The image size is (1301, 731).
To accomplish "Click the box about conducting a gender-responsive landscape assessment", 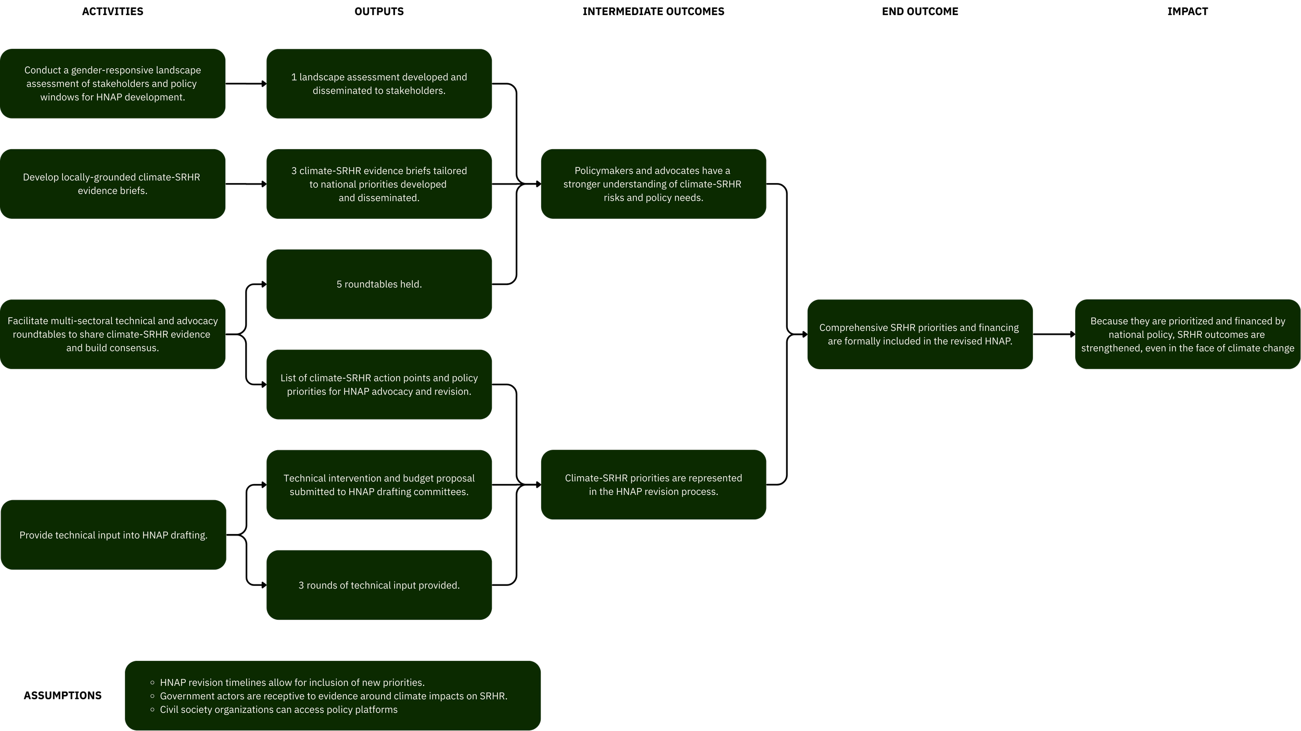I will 112,84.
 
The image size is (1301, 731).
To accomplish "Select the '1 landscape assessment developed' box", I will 379,84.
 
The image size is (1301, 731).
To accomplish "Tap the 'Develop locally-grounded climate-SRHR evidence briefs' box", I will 112,184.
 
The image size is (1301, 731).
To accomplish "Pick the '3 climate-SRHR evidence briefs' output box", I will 379,184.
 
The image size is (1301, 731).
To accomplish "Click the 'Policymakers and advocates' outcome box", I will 653,184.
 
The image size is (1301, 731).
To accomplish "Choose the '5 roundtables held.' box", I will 379,284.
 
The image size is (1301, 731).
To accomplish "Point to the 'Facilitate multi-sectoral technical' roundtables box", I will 112,334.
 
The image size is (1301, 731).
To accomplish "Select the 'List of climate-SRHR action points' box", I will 379,385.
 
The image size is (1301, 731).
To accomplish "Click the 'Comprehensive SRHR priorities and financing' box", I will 920,334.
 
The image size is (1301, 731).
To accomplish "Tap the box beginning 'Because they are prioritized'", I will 1188,334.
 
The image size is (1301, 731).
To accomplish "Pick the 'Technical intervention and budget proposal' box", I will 379,485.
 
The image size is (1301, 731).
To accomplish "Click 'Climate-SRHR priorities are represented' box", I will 653,485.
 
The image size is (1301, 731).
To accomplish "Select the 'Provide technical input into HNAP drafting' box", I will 113,535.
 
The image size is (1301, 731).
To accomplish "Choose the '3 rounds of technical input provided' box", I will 379,585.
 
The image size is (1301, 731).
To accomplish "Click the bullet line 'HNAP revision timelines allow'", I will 292,683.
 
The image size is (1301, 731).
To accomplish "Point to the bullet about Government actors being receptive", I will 333,696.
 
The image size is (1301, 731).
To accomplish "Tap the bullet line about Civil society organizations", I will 278,710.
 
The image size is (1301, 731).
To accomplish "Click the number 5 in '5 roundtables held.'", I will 339,284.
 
